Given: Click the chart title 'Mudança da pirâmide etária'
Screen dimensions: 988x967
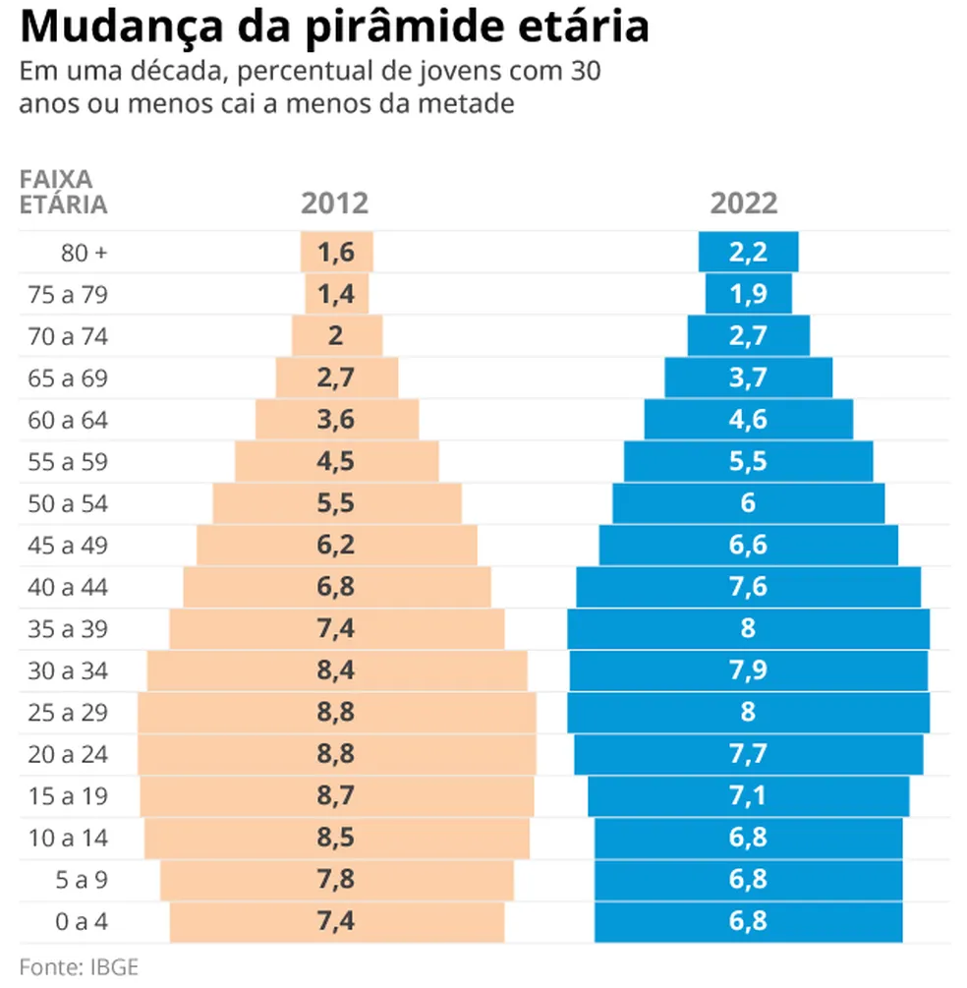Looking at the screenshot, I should pos(334,28).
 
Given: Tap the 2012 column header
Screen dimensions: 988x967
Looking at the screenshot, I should pos(335,203).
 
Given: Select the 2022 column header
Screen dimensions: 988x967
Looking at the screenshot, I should pos(744,203).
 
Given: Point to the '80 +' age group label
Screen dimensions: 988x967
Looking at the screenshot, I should pos(84,253).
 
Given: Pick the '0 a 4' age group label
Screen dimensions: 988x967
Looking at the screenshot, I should pos(84,922).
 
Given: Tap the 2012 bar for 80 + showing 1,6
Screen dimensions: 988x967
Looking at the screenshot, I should pos(336,253).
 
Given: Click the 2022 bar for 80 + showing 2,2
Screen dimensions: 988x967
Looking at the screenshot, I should pos(748,253).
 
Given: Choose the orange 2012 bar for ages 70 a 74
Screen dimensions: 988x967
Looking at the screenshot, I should pos(336,336).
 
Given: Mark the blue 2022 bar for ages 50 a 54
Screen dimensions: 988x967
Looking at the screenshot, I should pos(748,504).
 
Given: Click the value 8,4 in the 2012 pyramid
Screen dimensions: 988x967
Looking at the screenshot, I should pos(336,671).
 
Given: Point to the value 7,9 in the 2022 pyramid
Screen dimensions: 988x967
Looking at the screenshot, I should pos(748,671).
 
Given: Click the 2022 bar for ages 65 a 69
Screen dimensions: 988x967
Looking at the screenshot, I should pos(748,378).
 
